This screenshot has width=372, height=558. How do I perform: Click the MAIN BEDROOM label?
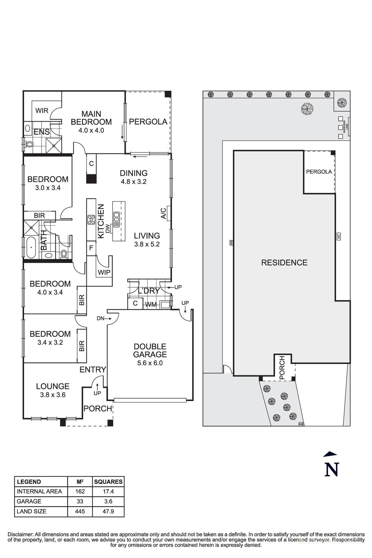click(91, 118)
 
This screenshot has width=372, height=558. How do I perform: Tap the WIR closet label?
click(42, 111)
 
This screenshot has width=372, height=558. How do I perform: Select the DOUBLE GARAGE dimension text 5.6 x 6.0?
click(150, 363)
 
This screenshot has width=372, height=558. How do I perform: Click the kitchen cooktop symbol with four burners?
click(91, 220)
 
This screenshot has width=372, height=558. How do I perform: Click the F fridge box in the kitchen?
click(91, 248)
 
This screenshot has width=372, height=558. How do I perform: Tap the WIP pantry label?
click(104, 272)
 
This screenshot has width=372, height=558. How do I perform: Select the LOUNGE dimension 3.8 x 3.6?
click(53, 395)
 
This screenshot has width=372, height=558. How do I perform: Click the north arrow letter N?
click(332, 469)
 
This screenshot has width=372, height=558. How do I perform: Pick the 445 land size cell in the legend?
click(80, 512)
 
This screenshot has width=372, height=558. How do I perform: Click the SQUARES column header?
click(108, 482)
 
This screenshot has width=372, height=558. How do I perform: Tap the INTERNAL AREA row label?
click(39, 491)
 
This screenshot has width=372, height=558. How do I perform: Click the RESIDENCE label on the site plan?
click(284, 263)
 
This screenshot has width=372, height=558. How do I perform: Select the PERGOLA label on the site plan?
click(319, 172)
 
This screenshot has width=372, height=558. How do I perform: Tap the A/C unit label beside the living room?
click(163, 213)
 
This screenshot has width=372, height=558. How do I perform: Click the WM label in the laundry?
click(151, 304)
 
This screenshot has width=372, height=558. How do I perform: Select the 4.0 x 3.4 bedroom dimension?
click(50, 292)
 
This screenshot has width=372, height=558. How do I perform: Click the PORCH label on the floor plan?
click(98, 408)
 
